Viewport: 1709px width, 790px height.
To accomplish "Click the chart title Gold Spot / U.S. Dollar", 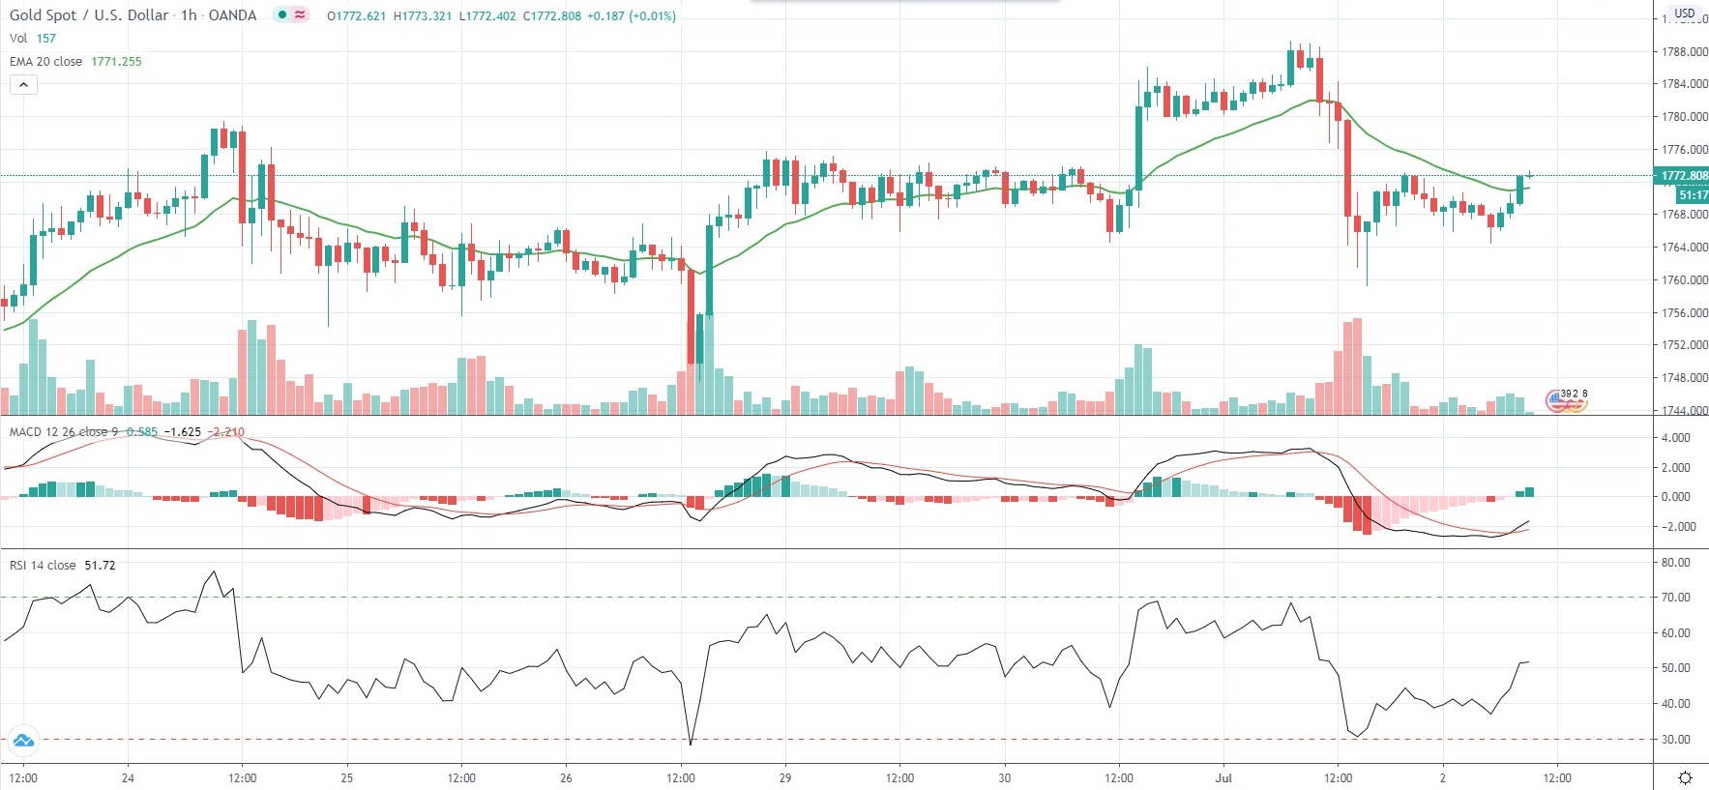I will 89,15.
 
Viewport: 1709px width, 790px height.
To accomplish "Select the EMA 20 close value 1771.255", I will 116,62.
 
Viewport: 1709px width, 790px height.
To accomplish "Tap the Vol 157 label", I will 33,39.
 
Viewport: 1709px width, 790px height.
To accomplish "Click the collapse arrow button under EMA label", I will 23,85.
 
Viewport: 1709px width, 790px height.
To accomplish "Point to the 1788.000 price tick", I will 1684,52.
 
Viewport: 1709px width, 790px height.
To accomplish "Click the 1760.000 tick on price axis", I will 1684,280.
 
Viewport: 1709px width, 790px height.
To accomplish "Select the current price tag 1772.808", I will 1684,176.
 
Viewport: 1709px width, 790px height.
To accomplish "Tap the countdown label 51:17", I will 1693,195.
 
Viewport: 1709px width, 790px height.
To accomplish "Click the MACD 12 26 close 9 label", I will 64,432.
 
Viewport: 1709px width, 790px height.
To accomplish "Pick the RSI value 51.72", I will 100,566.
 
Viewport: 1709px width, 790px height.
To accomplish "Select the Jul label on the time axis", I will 1224,777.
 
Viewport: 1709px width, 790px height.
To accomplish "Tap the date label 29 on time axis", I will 785,777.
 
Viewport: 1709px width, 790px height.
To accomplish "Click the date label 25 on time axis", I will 347,777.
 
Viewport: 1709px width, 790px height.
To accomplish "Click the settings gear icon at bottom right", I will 1685,777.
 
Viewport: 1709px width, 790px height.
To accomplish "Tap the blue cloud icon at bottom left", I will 23,742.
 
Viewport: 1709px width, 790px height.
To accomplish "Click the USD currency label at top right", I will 1685,14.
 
